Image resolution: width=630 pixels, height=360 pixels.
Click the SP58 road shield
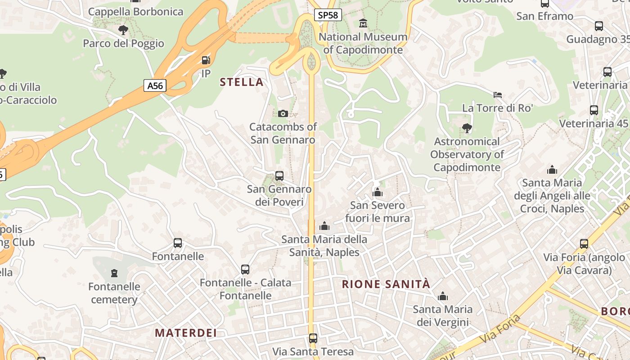[x=328, y=15]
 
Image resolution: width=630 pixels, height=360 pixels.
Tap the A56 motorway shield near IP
[x=155, y=85]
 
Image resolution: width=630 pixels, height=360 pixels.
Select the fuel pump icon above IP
[x=206, y=60]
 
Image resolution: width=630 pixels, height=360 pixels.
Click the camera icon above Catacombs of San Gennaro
[x=283, y=113]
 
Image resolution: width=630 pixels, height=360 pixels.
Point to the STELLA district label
[x=242, y=82]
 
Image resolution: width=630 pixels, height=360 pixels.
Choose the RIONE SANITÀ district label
[x=386, y=284]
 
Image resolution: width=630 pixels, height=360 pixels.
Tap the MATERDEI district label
[x=186, y=333]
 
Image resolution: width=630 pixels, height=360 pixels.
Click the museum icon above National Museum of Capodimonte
[x=363, y=23]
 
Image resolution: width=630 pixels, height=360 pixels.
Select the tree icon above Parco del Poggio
[x=123, y=30]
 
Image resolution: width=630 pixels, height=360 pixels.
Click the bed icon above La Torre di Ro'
[x=498, y=95]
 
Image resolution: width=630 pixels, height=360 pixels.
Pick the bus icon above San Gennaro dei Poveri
[x=279, y=175]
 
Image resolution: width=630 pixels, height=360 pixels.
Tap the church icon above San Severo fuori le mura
[x=378, y=193]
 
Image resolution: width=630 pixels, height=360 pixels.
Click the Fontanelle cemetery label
[x=114, y=293]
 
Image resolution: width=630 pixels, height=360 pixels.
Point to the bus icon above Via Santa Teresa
[x=313, y=338]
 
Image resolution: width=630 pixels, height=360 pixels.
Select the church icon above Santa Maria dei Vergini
[x=443, y=296]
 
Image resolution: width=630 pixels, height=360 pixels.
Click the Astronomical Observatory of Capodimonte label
[x=467, y=154]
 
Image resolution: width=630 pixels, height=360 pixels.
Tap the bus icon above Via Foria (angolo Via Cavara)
[x=584, y=244]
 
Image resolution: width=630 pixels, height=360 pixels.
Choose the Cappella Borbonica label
[x=136, y=12]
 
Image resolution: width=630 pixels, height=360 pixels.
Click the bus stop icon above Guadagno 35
[x=599, y=26]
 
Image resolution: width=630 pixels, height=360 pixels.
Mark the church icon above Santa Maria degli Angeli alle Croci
[x=552, y=170]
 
